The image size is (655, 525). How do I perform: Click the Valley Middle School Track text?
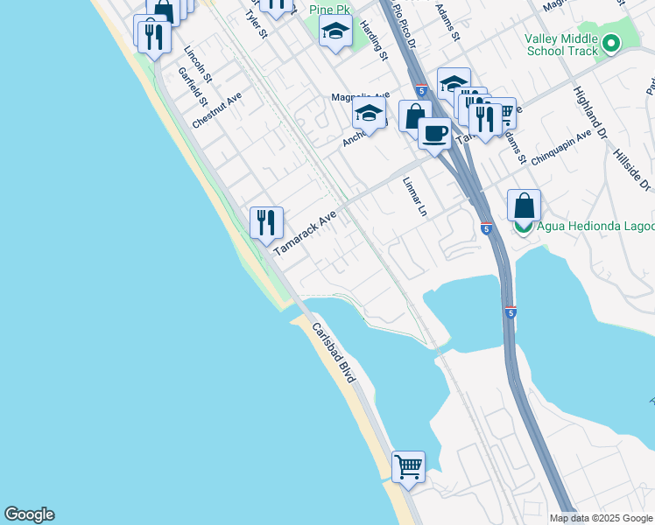pyautogui.click(x=560, y=45)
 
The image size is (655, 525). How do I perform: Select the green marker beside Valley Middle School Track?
pyautogui.click(x=610, y=43)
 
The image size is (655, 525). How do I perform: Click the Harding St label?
pyautogui.click(x=374, y=42)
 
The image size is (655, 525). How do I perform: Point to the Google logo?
pyautogui.click(x=29, y=514)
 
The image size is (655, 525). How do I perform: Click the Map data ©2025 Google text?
pyautogui.click(x=600, y=518)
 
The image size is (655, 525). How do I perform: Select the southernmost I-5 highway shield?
pyautogui.click(x=511, y=311)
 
